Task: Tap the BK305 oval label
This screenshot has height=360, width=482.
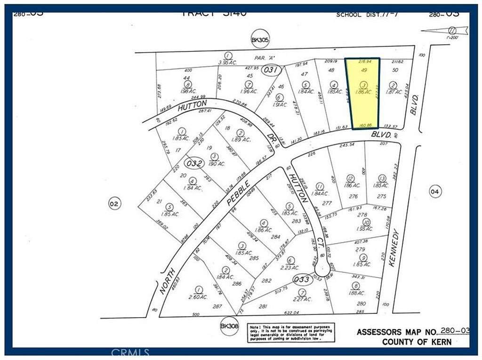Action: click(x=260, y=41)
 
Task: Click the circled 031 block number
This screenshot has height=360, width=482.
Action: click(x=272, y=70)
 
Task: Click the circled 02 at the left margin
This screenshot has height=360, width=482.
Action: click(x=114, y=204)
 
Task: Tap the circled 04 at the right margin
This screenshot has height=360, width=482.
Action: click(x=434, y=191)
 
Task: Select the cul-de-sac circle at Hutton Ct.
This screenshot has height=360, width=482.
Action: click(x=322, y=270)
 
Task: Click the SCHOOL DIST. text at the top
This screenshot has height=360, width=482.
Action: click(x=360, y=15)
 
